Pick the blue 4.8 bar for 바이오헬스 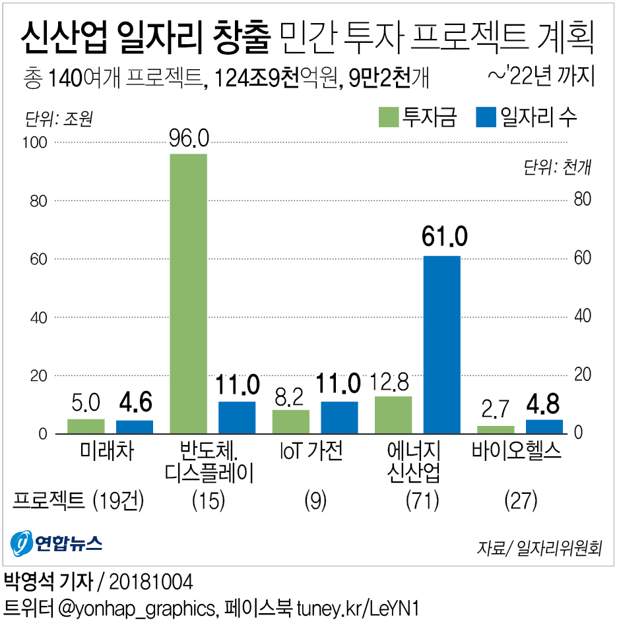(544, 426)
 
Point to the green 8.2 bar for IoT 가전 (291, 421)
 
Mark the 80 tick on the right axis (581, 200)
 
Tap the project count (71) (422, 501)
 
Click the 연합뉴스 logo (57, 543)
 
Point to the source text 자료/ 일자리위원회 (539, 547)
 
